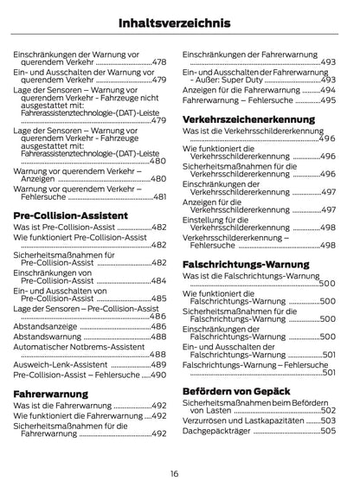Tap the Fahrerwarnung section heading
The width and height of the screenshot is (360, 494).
pos(51,393)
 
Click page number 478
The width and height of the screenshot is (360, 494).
pos(159,62)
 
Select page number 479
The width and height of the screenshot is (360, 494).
pos(159,80)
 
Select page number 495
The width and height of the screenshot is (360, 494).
pos(328,100)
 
